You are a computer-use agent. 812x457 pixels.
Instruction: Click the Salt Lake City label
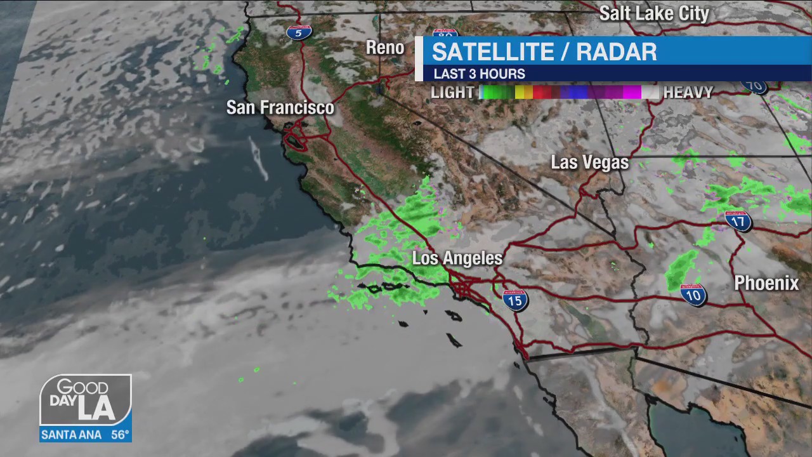click(x=654, y=13)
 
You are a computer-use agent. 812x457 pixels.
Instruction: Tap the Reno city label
click(x=385, y=48)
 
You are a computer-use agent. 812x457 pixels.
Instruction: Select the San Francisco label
click(x=280, y=107)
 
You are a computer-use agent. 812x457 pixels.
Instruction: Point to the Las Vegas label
click(x=589, y=162)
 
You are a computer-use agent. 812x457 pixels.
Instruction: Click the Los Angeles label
click(x=457, y=258)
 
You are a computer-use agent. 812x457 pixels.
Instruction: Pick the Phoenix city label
click(x=766, y=283)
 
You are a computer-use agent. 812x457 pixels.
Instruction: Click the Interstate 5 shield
click(x=298, y=31)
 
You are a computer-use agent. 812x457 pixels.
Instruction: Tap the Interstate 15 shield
click(x=514, y=300)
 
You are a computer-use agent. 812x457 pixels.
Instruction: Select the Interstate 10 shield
click(x=693, y=295)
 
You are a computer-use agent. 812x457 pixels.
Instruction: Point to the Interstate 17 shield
click(x=738, y=221)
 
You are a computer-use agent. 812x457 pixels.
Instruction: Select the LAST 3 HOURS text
click(x=479, y=74)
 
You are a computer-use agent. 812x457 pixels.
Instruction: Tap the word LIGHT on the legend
click(x=452, y=93)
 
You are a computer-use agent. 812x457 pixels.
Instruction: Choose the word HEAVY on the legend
click(x=688, y=93)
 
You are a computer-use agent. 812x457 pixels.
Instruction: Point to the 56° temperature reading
click(x=120, y=435)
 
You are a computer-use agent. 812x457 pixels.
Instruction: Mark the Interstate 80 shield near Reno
click(x=445, y=32)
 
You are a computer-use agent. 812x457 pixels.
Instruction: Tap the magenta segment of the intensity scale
click(x=631, y=93)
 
